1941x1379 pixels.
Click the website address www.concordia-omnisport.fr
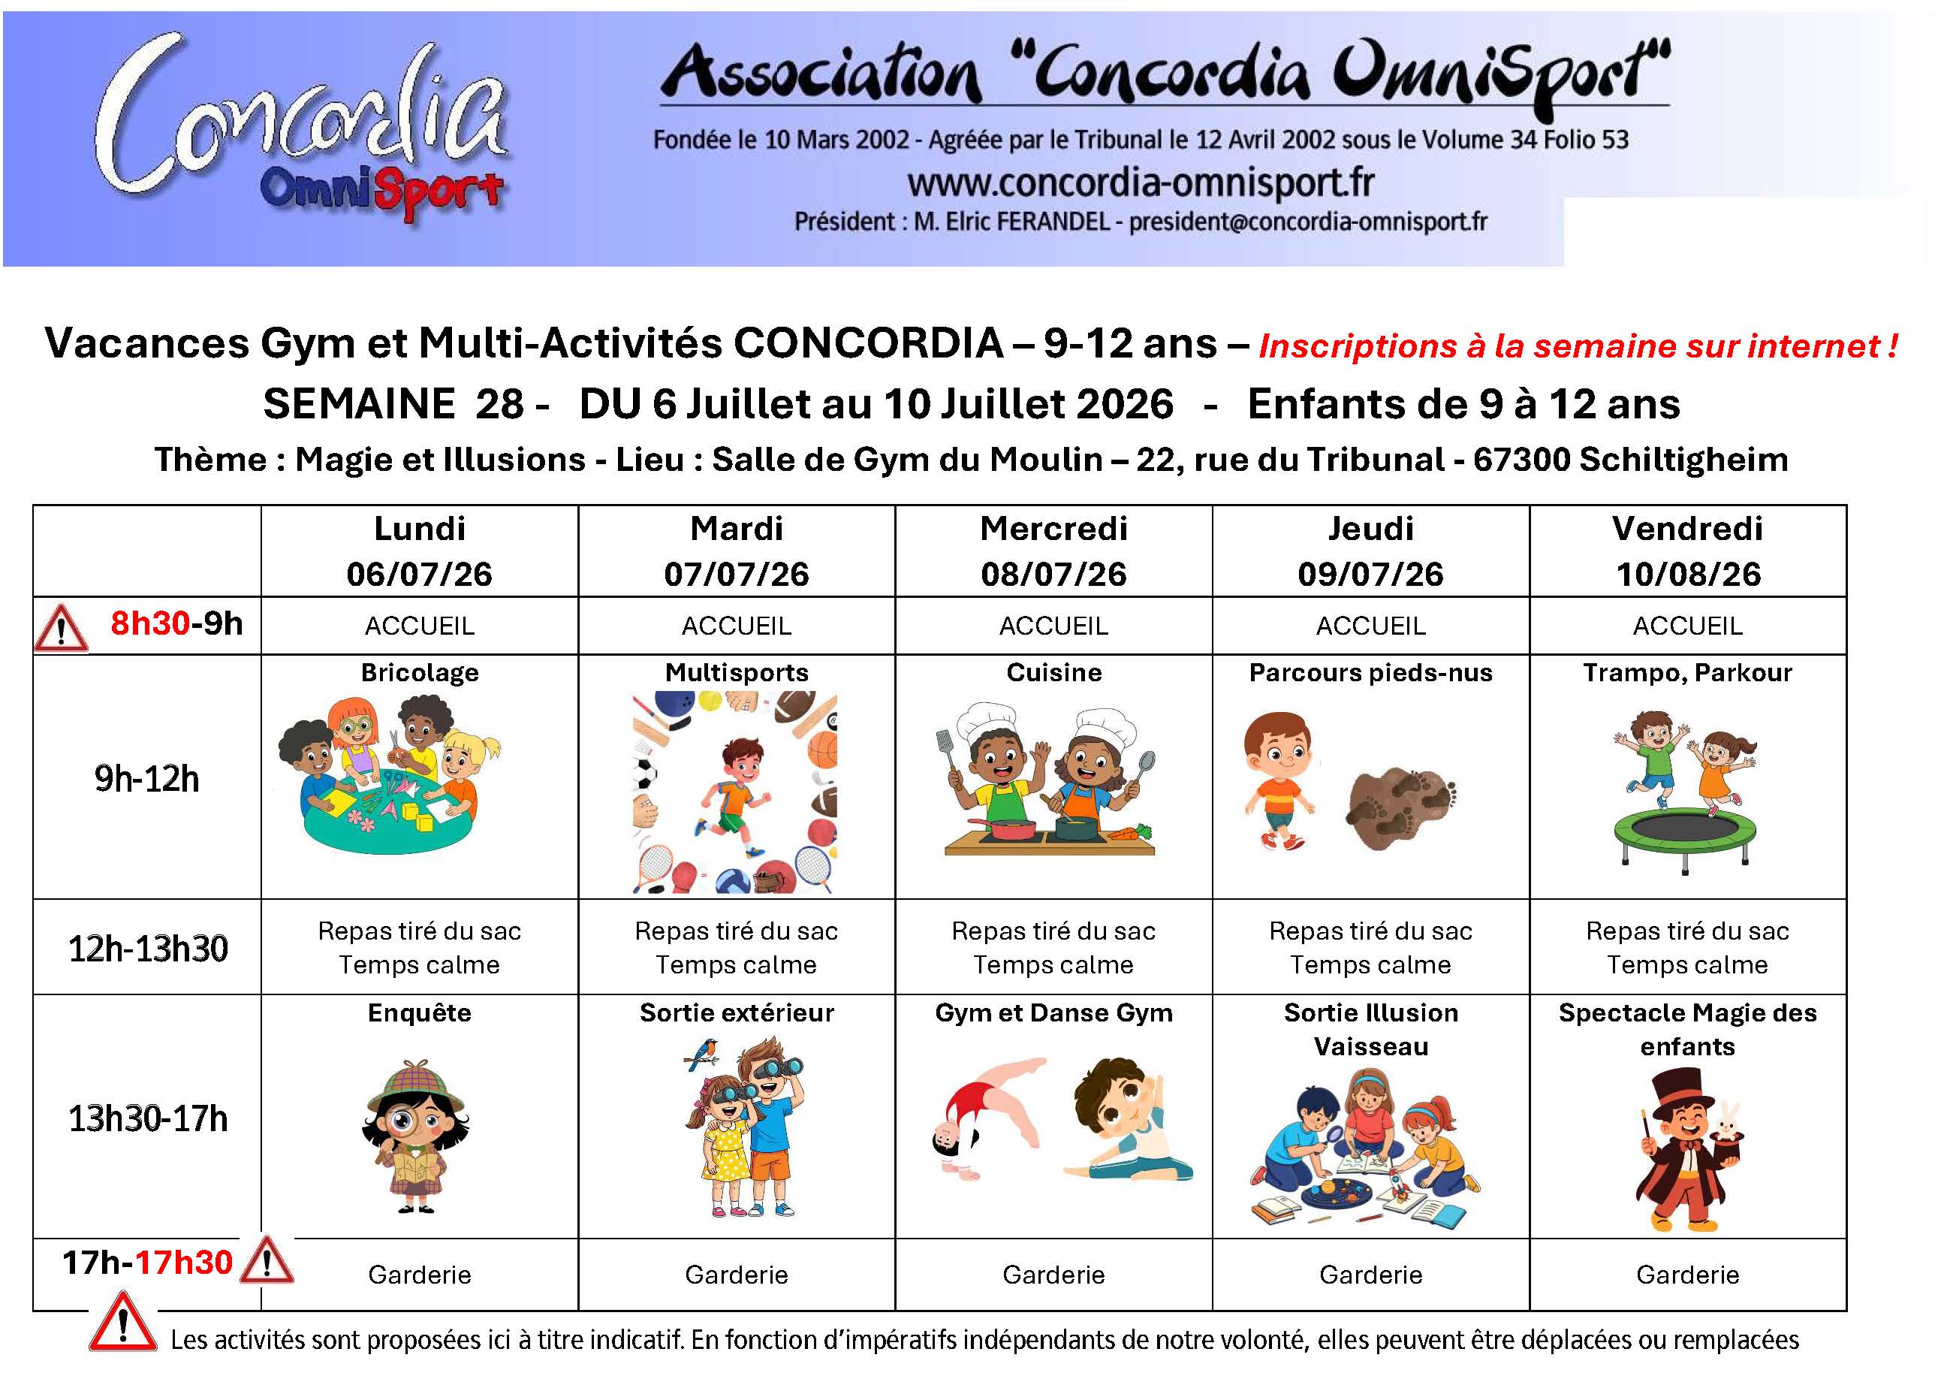pyautogui.click(x=1141, y=183)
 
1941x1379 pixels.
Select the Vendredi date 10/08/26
pyautogui.click(x=1687, y=575)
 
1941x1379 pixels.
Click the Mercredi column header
pyautogui.click(x=1053, y=529)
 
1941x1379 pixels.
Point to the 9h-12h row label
pyautogui.click(x=147, y=779)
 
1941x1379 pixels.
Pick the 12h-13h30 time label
pyautogui.click(x=148, y=949)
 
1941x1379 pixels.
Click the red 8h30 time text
pyautogui.click(x=149, y=624)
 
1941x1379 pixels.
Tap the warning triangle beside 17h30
pyautogui.click(x=267, y=1261)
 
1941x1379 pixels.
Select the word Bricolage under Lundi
pyautogui.click(x=419, y=672)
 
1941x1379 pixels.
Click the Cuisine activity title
pyautogui.click(x=1053, y=672)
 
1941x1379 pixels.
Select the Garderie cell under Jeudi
pyautogui.click(x=1370, y=1275)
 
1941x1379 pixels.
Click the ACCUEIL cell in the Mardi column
pyautogui.click(x=736, y=626)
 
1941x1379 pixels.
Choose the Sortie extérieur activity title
pyautogui.click(x=736, y=1012)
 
